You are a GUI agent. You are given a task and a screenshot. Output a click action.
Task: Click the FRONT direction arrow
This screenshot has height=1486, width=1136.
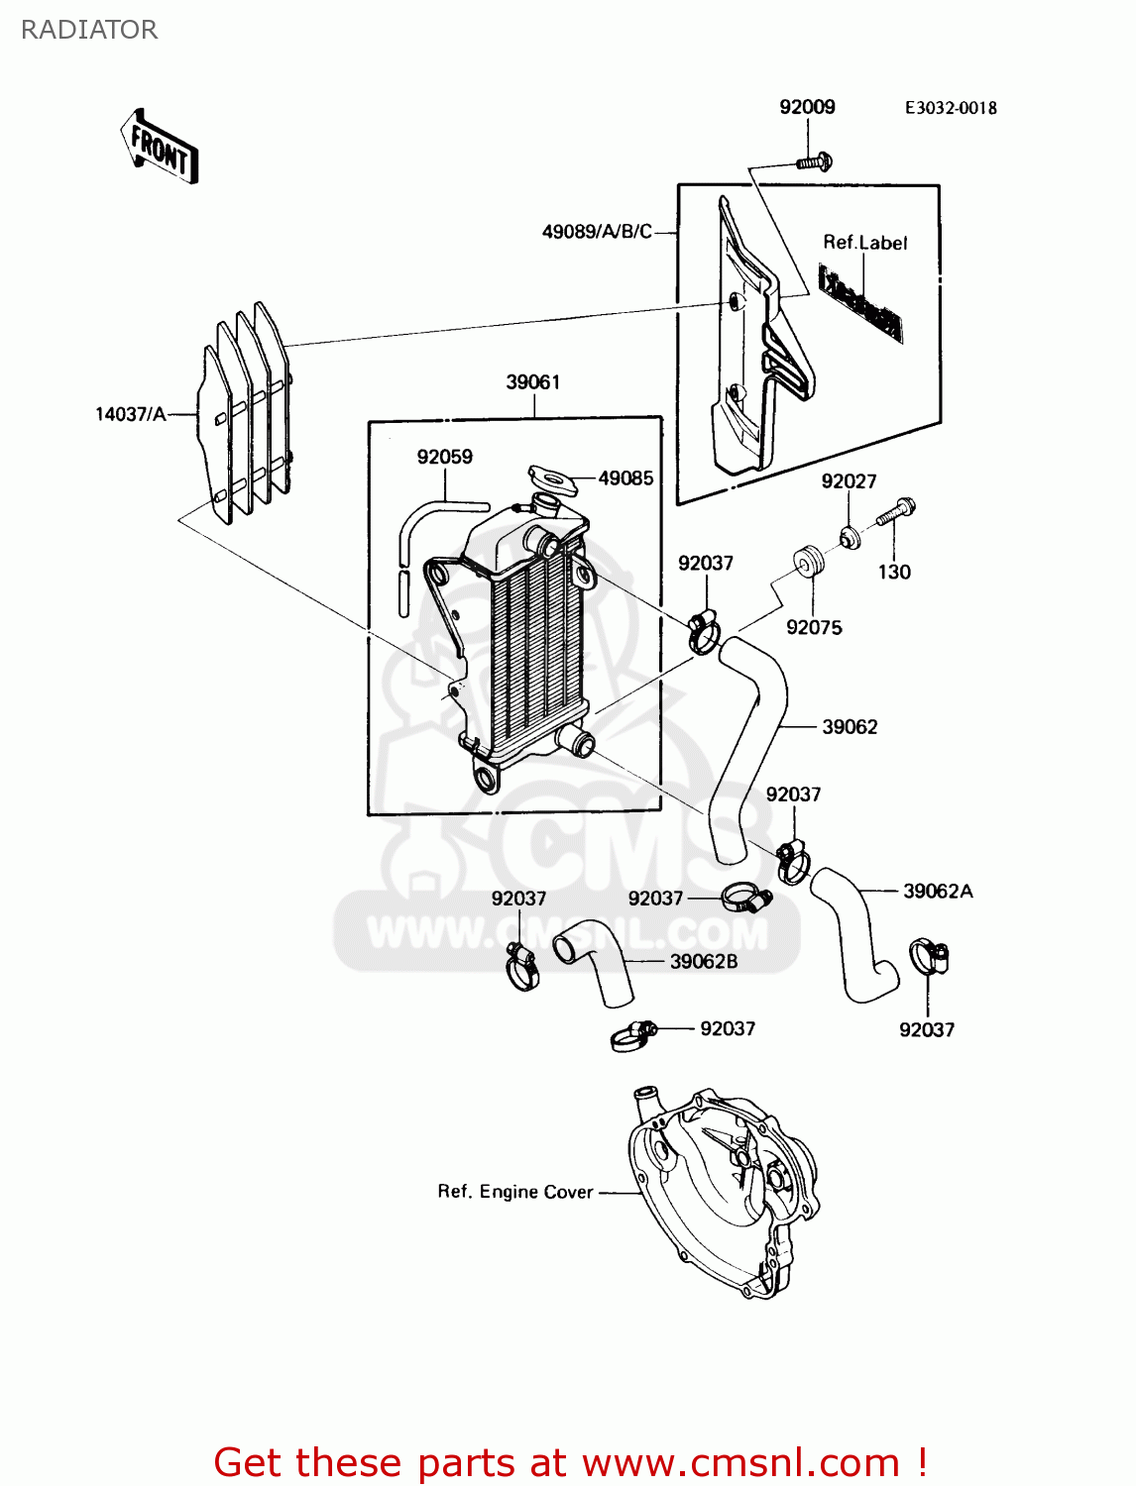160,147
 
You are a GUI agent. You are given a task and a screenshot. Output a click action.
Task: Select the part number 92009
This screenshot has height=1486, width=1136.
807,107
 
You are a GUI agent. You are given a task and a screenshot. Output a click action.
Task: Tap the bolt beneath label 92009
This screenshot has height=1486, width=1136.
814,161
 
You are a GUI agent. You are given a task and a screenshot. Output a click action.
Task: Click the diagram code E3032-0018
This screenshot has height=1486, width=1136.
950,108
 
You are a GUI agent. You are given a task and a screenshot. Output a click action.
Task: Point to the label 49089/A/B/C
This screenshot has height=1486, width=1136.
597,232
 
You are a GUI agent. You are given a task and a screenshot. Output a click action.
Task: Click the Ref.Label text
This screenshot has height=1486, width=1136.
864,243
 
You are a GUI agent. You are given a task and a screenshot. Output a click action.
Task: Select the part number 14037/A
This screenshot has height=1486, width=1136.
131,414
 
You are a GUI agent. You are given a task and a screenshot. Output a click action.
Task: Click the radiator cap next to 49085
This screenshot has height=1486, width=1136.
552,480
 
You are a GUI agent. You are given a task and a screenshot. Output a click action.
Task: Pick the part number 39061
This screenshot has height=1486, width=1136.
533,382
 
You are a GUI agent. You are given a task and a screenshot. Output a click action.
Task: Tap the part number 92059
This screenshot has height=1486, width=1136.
444,457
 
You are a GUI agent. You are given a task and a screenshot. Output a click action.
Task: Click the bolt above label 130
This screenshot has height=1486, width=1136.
896,513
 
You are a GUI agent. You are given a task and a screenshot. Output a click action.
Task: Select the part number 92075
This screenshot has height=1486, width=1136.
814,627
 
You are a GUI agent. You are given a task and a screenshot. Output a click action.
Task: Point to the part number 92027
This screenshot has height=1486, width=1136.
849,481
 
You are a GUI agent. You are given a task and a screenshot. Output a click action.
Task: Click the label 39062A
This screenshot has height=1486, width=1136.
938,892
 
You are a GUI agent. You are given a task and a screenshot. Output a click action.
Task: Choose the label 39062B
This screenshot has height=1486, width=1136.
704,962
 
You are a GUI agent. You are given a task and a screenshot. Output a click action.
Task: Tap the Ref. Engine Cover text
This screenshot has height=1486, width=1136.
515,1192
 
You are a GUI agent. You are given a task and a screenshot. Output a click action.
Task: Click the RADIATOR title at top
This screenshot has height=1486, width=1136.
89,30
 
